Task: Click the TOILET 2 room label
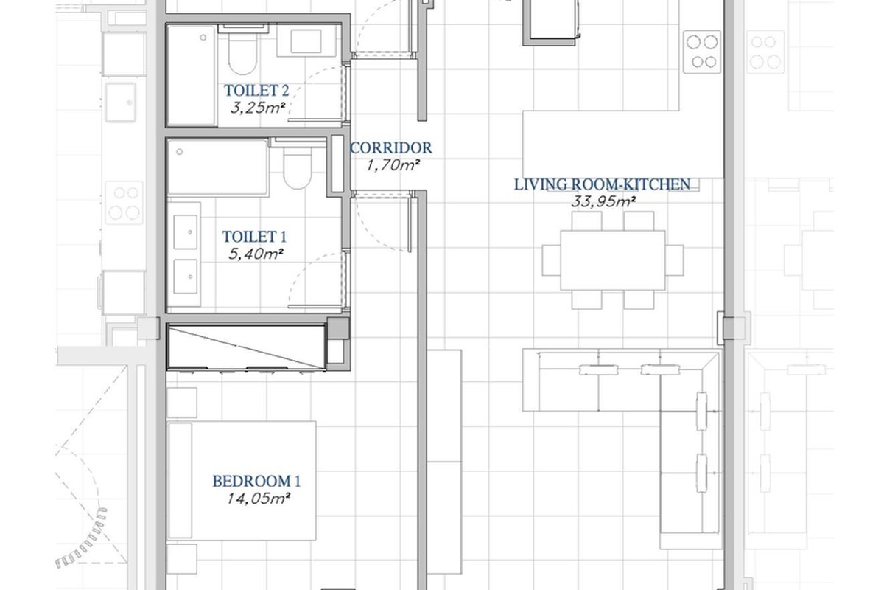coord(256,91)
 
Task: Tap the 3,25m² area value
coord(258,108)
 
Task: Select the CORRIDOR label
coord(390,147)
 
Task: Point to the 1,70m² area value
coord(393,164)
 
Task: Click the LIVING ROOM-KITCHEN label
coord(603,184)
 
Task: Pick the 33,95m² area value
coord(603,201)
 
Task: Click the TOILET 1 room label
coord(254,237)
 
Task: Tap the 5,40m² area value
coord(256,254)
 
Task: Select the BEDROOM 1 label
coord(256,482)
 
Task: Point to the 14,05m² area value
coord(259,499)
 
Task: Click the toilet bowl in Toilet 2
coord(242,53)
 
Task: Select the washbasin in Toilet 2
coord(306,41)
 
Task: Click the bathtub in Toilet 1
coord(218,167)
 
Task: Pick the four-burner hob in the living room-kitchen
coord(702,52)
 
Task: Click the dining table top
coord(612,260)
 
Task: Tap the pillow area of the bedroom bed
coord(180,481)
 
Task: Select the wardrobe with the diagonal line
coord(247,347)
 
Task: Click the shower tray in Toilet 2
coord(192,75)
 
